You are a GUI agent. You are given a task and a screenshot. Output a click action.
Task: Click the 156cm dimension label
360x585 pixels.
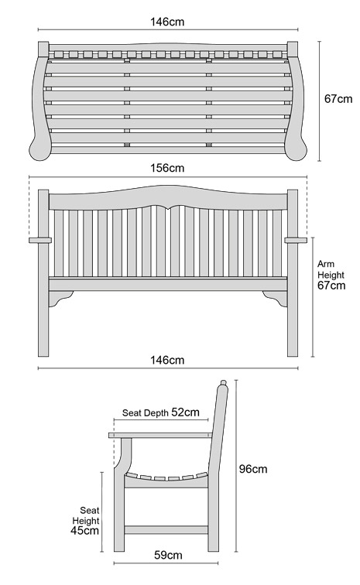coord(167,168)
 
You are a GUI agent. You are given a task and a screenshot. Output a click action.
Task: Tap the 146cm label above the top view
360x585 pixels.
coord(167,22)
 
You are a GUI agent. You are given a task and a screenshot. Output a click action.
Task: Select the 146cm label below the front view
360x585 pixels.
coord(167,360)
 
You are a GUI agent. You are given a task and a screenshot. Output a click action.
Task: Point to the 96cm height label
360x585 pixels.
coord(253,469)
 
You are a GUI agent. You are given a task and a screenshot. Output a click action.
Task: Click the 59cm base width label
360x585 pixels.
coord(168,555)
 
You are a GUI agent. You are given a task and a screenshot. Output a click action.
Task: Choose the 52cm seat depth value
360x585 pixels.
coord(185,412)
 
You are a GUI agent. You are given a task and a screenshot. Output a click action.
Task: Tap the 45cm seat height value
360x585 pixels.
coord(84,531)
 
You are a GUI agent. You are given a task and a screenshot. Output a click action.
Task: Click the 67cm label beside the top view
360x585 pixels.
coord(338,99)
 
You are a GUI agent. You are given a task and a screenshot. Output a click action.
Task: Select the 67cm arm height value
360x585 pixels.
coord(331,286)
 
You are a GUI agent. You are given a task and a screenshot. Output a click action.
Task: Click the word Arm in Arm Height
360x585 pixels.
coord(326,264)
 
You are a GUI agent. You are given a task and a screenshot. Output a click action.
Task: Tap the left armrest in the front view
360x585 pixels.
coord(40,240)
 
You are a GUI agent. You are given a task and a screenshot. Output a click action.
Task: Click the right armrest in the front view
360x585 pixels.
coord(296,240)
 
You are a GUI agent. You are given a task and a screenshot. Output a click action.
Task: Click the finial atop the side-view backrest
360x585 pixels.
coord(223,383)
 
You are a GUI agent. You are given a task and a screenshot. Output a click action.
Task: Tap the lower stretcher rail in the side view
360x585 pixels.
coord(166,529)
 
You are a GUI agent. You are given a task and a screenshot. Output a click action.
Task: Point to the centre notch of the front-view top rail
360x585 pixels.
coord(168,208)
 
